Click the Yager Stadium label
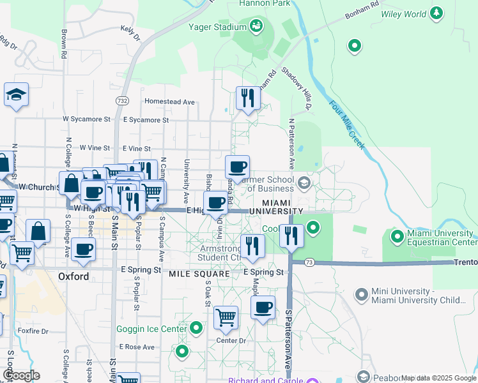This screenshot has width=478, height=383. tap(217, 27)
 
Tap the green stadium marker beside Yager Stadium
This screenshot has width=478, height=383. tap(256, 26)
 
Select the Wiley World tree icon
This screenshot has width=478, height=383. tap(436, 13)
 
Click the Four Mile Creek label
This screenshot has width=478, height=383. tap(347, 126)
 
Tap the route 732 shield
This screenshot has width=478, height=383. tap(123, 101)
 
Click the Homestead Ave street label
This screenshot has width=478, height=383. tap(169, 101)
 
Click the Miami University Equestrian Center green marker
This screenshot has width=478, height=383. tap(397, 237)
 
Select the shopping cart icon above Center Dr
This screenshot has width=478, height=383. tap(226, 317)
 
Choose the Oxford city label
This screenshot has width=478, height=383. tap(73, 276)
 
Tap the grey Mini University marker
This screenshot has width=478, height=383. tap(362, 294)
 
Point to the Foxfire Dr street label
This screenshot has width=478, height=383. tap(33, 331)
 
